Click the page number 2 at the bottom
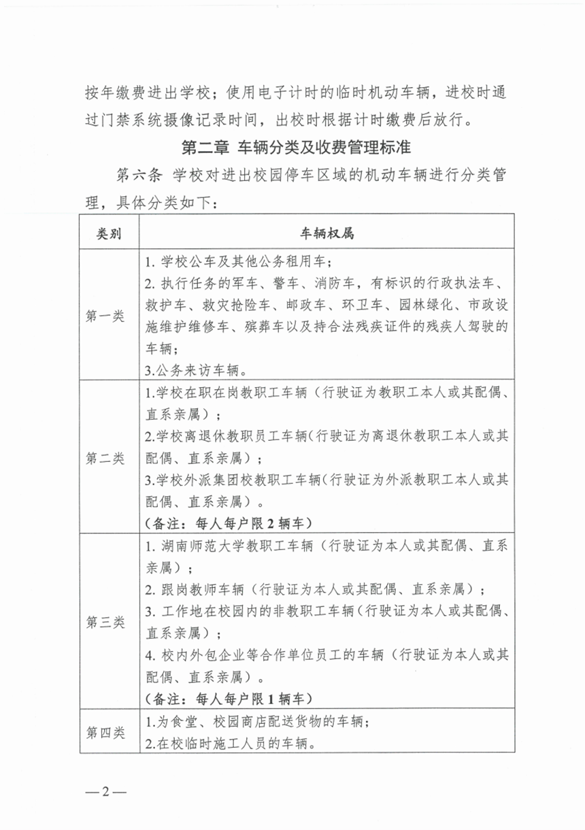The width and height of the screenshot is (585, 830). point(105,793)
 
